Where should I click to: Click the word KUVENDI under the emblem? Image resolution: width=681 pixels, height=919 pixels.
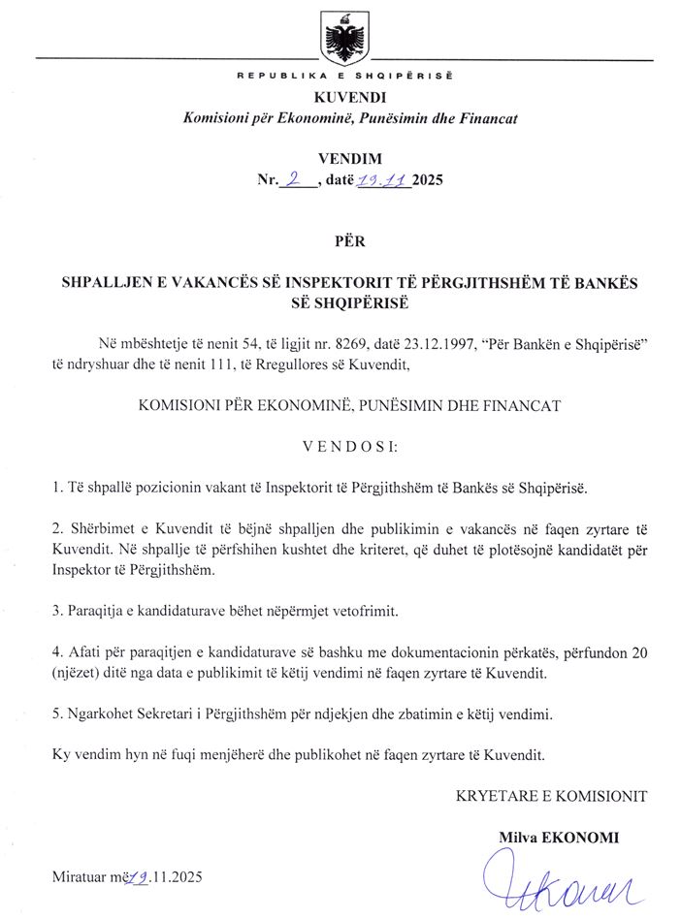coord(337,98)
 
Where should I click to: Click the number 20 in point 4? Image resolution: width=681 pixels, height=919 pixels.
coord(638,652)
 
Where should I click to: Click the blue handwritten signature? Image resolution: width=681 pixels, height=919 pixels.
coord(552,878)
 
